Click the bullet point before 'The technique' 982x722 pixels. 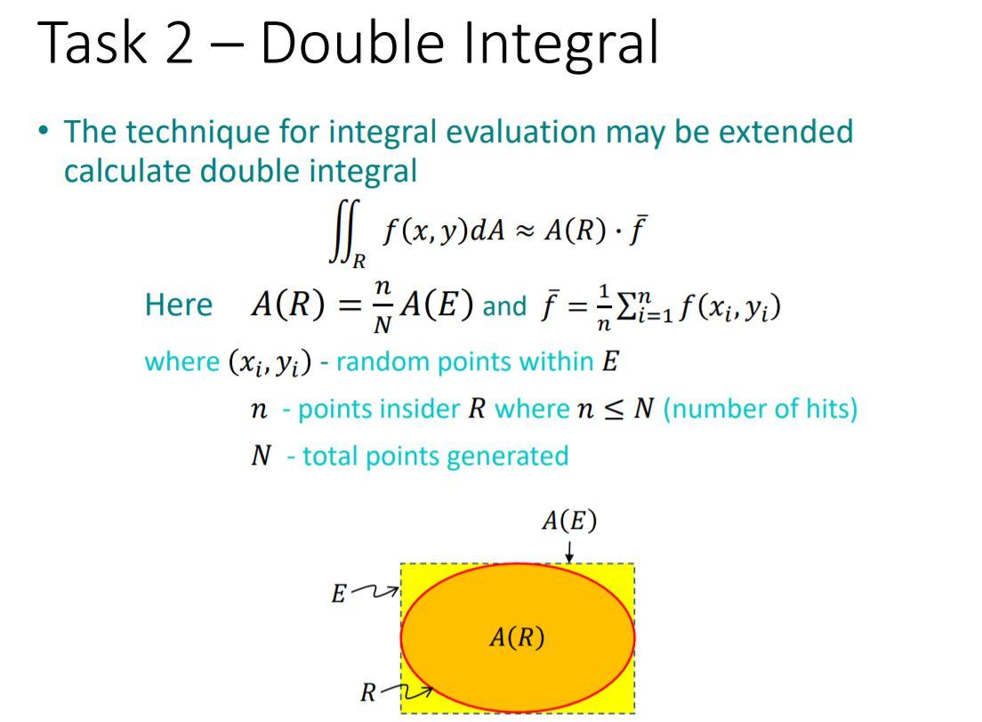[44, 131]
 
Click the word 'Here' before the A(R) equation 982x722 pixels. [178, 305]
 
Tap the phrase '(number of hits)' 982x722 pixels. [761, 409]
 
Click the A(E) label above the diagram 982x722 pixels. [568, 521]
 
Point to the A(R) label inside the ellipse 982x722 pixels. [517, 637]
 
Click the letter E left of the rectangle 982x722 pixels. [339, 594]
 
